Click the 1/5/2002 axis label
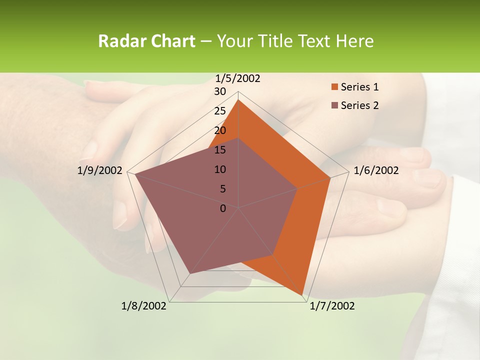[x=237, y=78]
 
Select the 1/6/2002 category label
[x=376, y=170]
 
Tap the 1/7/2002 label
[x=332, y=306]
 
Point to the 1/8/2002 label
[x=144, y=306]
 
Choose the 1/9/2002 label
[x=100, y=170]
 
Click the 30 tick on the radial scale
[x=220, y=91]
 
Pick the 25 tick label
[x=220, y=111]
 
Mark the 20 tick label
[x=220, y=130]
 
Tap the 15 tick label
[x=220, y=150]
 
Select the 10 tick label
[x=220, y=169]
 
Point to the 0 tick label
[x=223, y=208]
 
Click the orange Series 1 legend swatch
[x=334, y=87]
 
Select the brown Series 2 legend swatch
[x=334, y=105]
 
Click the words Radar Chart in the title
[x=146, y=41]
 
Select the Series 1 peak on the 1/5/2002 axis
[x=238, y=100]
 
